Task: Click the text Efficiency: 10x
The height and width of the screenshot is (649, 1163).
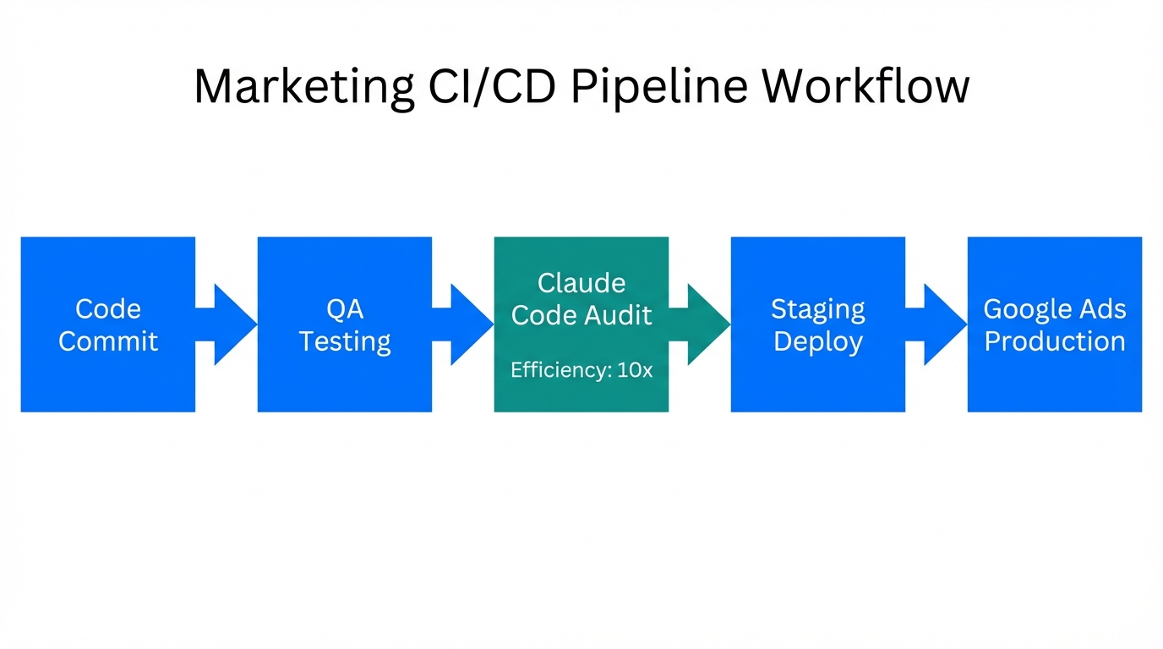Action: [581, 369]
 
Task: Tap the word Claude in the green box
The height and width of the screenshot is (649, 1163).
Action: [581, 282]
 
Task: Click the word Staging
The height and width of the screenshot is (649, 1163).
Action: [818, 309]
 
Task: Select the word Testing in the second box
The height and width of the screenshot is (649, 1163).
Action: [345, 341]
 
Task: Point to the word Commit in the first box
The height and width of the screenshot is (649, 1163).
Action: [108, 341]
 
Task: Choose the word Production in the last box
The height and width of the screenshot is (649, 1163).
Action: [1055, 341]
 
